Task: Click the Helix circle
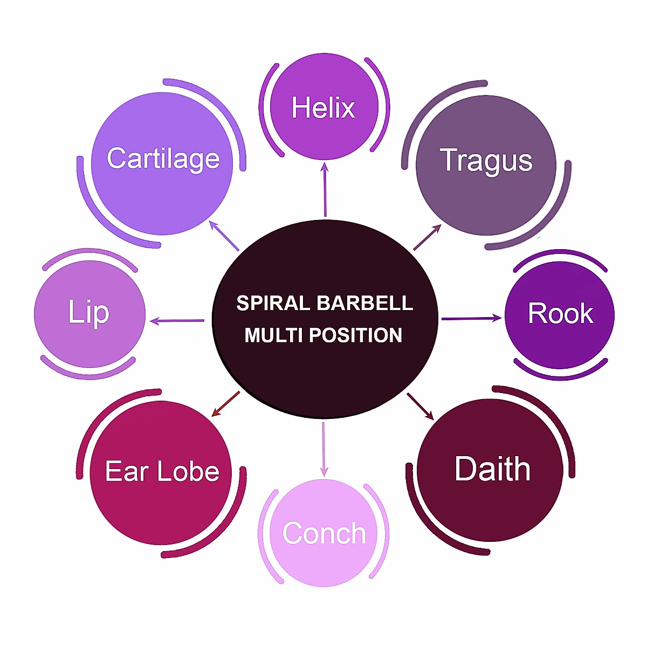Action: point(323,108)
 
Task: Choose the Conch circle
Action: point(323,533)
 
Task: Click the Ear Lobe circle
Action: point(162,472)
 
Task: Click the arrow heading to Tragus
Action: point(428,237)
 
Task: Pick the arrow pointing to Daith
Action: point(421,406)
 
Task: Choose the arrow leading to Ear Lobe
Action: point(225,404)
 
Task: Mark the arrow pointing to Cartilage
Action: point(224,235)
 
